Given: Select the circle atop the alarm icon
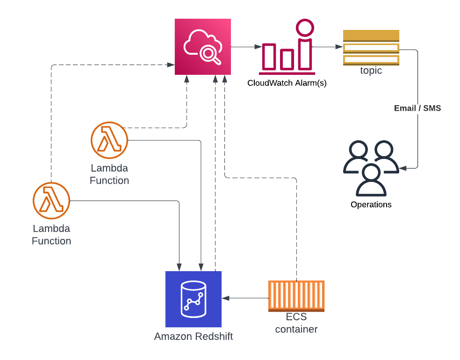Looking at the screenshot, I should click(305, 28).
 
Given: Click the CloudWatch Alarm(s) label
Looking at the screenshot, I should click(287, 83).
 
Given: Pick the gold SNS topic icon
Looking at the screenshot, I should click(371, 47).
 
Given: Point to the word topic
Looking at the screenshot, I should click(371, 71).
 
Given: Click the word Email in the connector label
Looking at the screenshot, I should click(405, 108).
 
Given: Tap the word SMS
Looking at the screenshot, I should click(432, 108).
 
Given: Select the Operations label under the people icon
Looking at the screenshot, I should click(371, 204).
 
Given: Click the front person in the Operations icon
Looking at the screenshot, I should click(371, 180).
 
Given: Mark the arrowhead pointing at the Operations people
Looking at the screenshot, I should click(402, 168).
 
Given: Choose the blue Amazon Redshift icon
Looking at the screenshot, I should click(193, 299).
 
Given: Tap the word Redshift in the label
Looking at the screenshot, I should click(214, 336).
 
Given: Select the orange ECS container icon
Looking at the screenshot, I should click(296, 296).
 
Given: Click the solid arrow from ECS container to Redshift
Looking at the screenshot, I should click(245, 298).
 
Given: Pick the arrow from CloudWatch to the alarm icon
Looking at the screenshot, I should click(246, 47).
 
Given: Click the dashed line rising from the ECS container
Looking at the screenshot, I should click(296, 229).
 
